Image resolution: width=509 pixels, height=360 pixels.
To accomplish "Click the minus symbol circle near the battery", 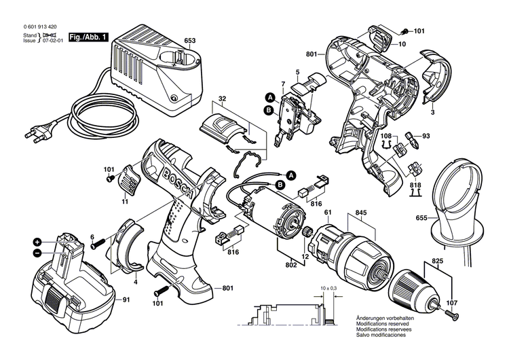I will (x=38, y=253).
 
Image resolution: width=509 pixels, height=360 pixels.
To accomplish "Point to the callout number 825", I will (x=439, y=261).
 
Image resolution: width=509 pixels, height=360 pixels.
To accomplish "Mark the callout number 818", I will (x=415, y=185).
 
